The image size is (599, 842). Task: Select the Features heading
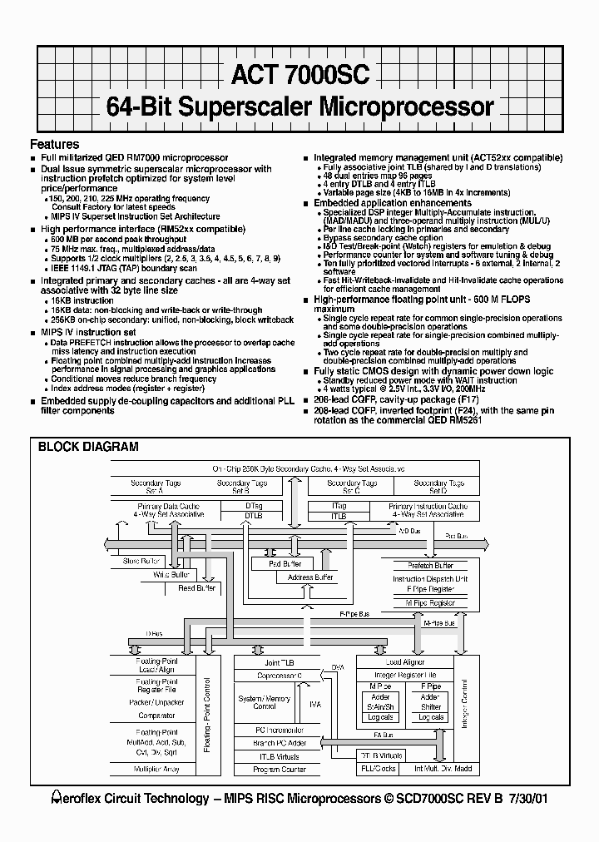55,144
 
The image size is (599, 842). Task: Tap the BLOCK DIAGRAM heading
88,447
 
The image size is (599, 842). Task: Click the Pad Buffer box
285,564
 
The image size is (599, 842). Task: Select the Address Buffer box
310,577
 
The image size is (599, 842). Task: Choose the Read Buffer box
196,587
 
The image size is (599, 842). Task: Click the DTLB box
254,516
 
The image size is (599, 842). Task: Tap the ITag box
339,505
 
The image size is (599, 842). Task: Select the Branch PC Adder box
280,742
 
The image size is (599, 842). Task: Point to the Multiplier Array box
157,770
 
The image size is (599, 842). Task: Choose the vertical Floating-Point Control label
207,716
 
